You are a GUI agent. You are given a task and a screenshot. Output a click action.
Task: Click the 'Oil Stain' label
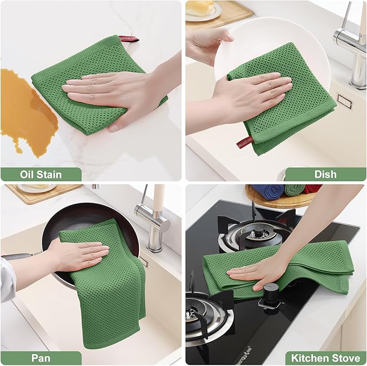click(x=41, y=174)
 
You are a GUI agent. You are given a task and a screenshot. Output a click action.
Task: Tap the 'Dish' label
click(x=325, y=174)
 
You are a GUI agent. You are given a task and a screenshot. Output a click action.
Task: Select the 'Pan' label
click(x=41, y=358)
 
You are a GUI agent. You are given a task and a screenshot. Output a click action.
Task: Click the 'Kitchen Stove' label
click(x=325, y=358)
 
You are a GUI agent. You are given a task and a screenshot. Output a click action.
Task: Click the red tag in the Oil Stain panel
click(x=129, y=39)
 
